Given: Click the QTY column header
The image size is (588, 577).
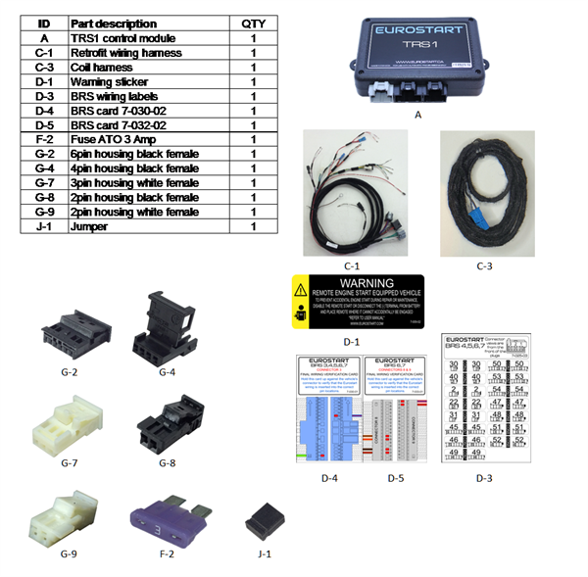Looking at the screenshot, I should [x=252, y=23].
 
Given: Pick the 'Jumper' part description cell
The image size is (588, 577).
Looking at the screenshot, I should [x=91, y=226].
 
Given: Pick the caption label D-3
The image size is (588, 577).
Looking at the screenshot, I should [x=482, y=477].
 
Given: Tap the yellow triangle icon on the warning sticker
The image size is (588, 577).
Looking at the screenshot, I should [x=304, y=289].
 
